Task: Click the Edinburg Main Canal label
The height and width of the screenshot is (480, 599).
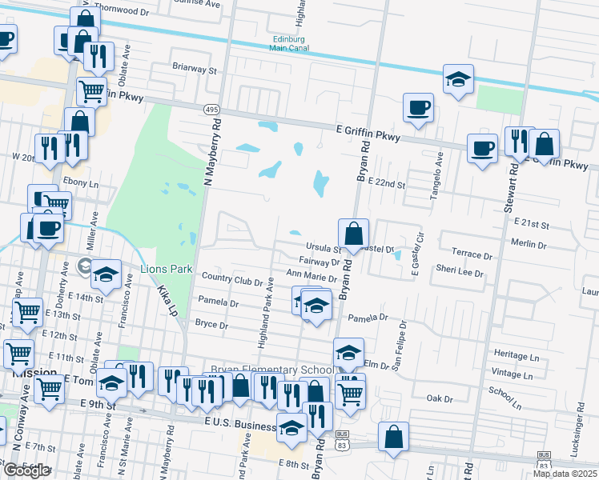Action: (x=289, y=43)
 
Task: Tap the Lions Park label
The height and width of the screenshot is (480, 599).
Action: (x=166, y=269)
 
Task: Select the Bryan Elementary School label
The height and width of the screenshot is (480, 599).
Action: (x=271, y=370)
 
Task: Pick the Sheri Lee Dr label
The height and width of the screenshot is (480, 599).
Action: (x=460, y=273)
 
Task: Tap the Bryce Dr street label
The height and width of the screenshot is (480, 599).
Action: (x=212, y=325)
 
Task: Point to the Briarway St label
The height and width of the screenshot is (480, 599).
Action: (x=195, y=70)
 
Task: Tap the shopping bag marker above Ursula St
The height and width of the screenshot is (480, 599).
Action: (x=353, y=234)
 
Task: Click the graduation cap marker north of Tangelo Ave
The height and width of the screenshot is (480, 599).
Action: (x=458, y=79)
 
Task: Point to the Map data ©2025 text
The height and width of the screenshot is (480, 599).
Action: (x=566, y=474)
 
